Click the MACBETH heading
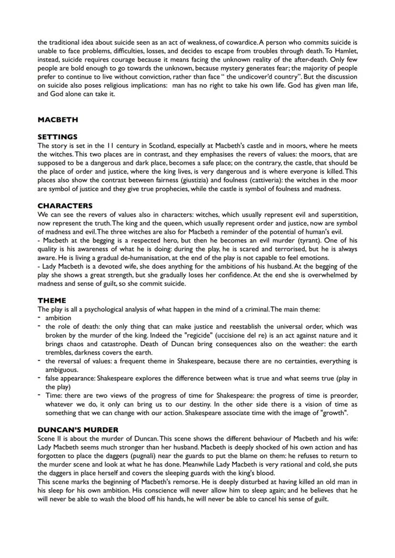pos(57,120)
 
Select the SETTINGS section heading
pos(57,137)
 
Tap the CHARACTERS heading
pos(65,206)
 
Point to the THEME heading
pos(52,301)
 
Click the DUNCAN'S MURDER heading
pos(78,430)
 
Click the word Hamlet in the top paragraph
pos(346,50)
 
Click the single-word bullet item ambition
pos(58,318)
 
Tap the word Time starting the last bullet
pos(52,395)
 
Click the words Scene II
pos(50,439)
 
